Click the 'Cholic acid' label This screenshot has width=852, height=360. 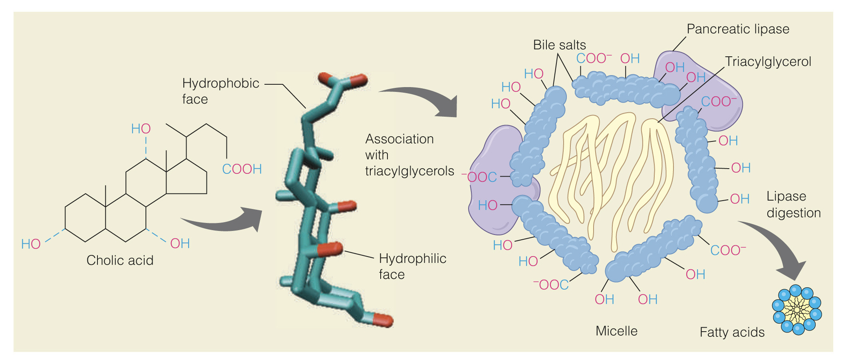click(x=120, y=260)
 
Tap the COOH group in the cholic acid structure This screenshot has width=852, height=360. click(x=242, y=169)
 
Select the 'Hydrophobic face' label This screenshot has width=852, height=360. click(x=220, y=91)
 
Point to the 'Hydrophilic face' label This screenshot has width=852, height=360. click(x=412, y=266)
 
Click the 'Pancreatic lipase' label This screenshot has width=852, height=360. click(x=738, y=29)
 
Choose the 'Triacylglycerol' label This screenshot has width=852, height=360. click(x=768, y=62)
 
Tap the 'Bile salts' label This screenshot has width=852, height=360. click(x=559, y=45)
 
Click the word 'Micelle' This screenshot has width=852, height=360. click(x=616, y=331)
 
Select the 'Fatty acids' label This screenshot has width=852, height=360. click(x=732, y=332)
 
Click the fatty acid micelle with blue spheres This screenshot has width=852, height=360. click(x=796, y=310)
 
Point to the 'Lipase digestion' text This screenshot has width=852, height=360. click(x=793, y=205)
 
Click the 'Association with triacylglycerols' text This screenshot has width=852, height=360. click(x=409, y=155)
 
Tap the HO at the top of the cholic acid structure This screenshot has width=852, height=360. click(x=141, y=129)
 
